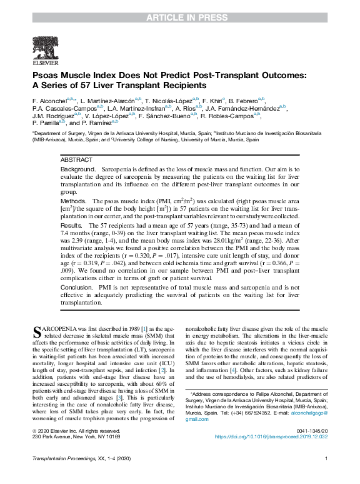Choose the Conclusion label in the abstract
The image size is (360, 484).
click(77, 287)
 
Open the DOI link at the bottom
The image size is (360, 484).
click(272, 437)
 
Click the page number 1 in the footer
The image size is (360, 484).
click(326, 476)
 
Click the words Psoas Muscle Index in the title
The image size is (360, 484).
click(78, 74)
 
